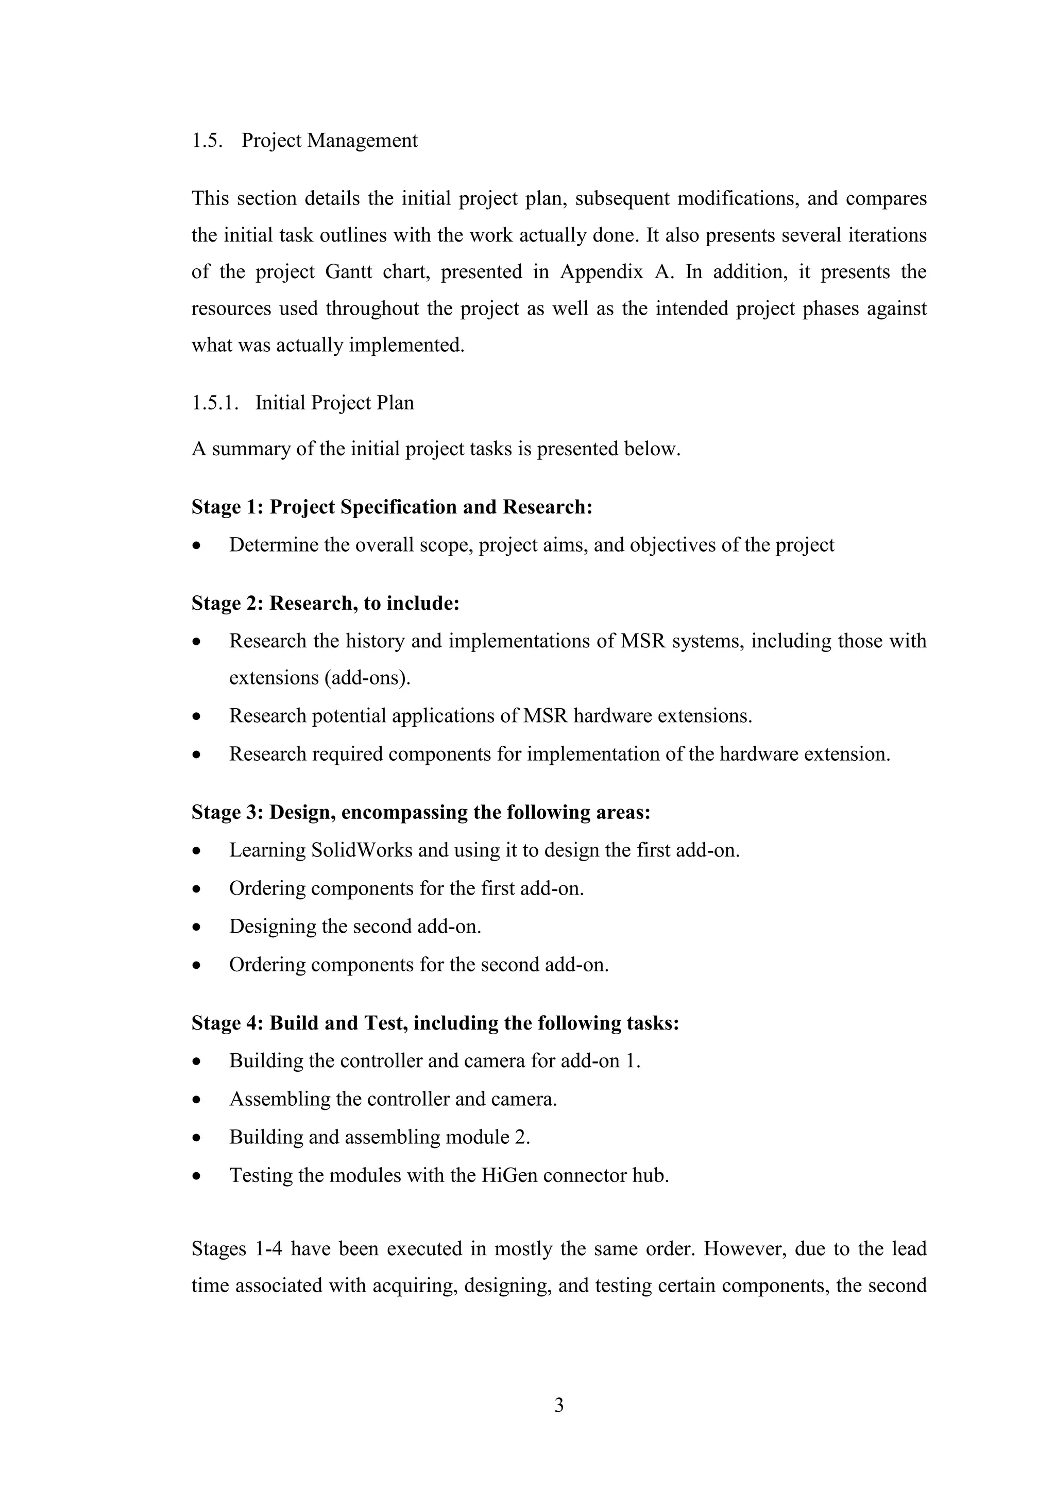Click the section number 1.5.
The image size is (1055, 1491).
click(x=207, y=141)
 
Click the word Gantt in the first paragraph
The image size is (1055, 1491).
click(x=348, y=271)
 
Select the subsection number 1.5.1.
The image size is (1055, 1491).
click(x=214, y=403)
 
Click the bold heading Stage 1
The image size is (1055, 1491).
click(x=226, y=507)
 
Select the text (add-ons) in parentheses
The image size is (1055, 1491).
click(x=366, y=678)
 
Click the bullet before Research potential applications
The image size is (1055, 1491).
click(x=197, y=717)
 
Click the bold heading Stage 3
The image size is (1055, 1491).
click(x=226, y=812)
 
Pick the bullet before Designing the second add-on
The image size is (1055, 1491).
click(x=197, y=928)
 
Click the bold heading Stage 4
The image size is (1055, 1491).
click(x=226, y=1023)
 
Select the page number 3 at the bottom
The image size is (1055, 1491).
click(x=559, y=1406)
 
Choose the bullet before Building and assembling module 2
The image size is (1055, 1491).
click(x=197, y=1138)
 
